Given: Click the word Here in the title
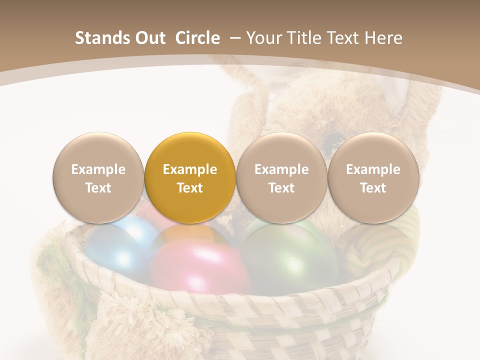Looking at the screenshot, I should click(384, 38).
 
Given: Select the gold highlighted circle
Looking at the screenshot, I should click(190, 178).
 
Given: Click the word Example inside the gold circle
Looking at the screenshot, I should click(190, 169).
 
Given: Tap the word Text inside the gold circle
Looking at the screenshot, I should click(190, 188).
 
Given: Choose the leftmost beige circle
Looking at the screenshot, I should click(98, 178).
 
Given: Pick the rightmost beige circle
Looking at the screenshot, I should click(373, 178).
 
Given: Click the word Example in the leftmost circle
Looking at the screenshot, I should click(98, 169).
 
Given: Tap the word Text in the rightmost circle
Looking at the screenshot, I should click(373, 188).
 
